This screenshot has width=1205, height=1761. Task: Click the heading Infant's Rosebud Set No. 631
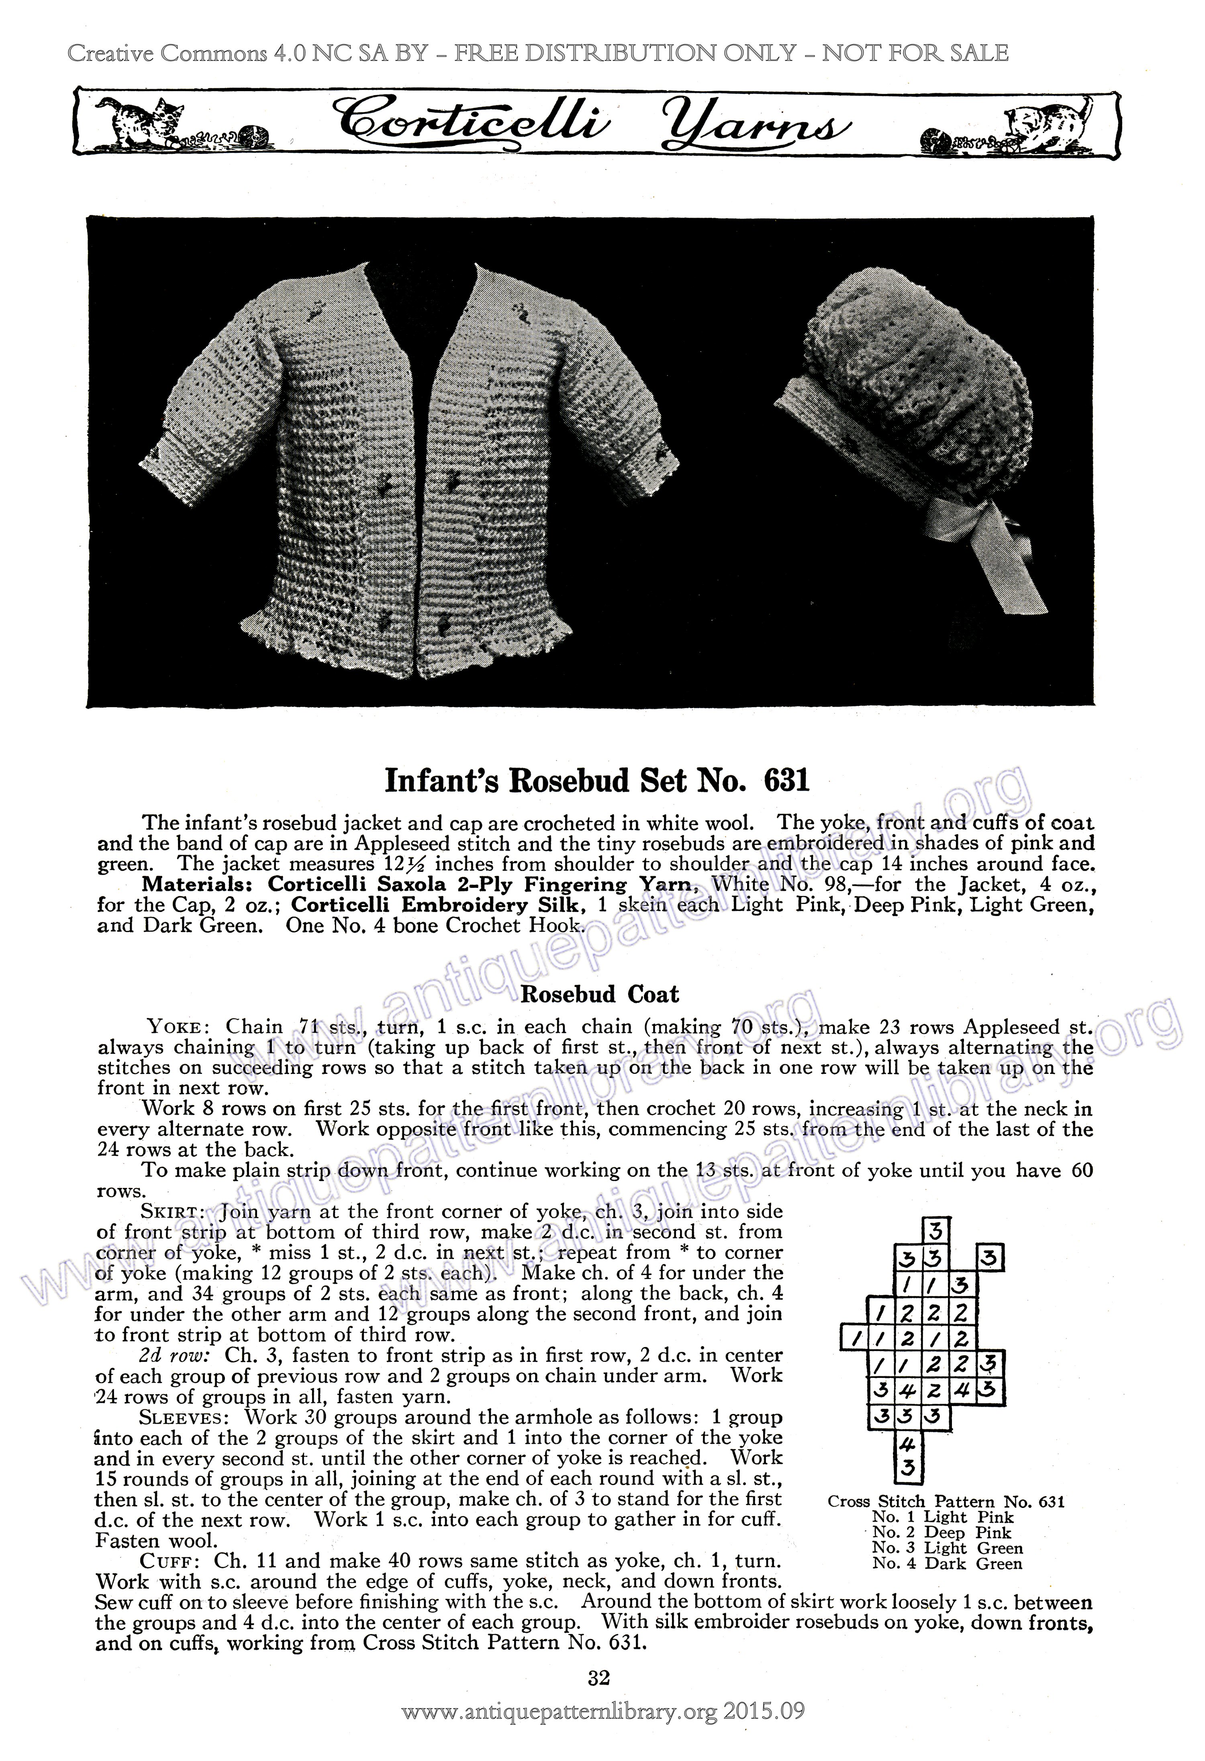(x=597, y=780)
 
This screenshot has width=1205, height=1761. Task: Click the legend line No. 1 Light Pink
(x=942, y=1517)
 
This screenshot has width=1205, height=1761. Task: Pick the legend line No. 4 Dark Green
(x=947, y=1563)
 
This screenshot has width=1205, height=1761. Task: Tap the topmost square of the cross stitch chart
(x=936, y=1229)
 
